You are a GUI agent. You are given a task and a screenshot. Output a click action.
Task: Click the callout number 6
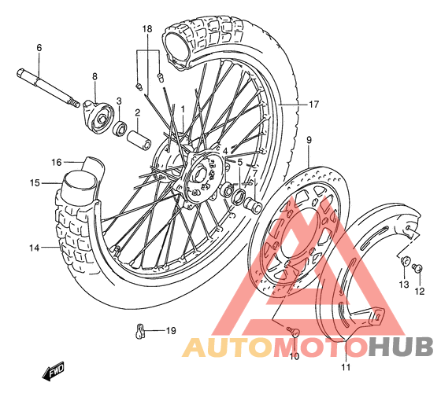[39, 48]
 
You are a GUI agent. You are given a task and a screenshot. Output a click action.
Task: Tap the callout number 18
[147, 28]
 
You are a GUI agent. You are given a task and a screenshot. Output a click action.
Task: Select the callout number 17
[314, 105]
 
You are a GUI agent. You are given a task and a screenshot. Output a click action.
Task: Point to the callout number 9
[309, 140]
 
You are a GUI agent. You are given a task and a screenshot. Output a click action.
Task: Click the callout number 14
[35, 248]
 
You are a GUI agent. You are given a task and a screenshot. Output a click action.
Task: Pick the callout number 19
[171, 331]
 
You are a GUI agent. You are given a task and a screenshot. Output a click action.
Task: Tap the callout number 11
[346, 367]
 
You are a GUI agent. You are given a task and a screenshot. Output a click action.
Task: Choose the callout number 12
[419, 291]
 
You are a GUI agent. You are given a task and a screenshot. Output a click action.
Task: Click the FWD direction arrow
[54, 371]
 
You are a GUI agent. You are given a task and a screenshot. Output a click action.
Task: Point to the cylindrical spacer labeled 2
[139, 140]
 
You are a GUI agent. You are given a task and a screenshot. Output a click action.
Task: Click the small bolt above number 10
[292, 331]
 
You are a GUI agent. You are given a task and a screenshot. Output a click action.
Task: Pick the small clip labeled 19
[140, 330]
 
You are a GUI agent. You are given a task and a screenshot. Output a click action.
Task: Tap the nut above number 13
[405, 260]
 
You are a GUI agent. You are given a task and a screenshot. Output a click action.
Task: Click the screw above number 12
[417, 267]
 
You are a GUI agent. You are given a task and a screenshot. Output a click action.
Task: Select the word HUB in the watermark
[401, 347]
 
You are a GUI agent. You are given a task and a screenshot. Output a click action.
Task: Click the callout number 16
[56, 162]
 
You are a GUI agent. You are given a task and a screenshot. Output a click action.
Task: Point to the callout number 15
[35, 183]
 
